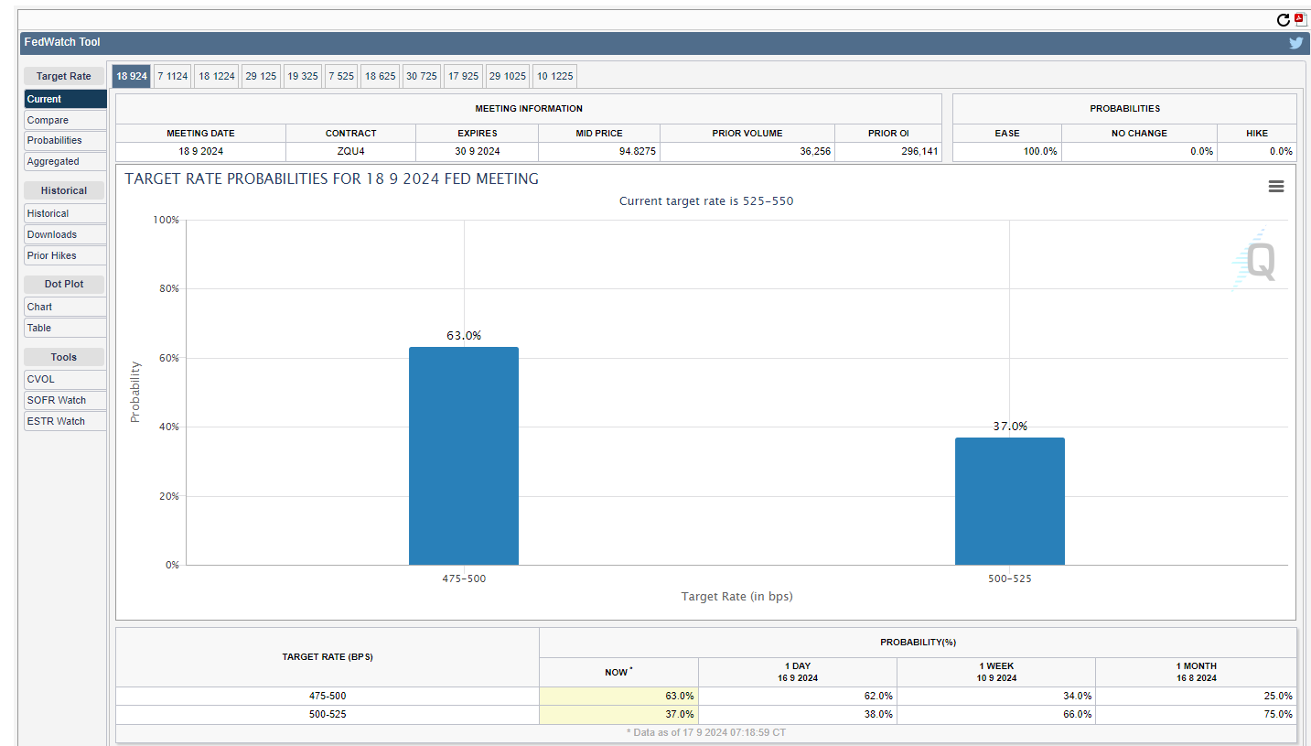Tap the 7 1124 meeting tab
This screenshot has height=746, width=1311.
tap(172, 76)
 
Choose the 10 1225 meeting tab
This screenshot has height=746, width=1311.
tap(554, 76)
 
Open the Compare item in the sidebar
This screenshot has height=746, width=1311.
tap(48, 120)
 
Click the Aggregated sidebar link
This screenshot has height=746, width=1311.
tap(53, 161)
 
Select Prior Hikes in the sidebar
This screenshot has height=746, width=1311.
tap(52, 255)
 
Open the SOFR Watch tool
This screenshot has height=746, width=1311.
tap(57, 400)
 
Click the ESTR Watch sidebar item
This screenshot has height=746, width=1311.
tap(56, 421)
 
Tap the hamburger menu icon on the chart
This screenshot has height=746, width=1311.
tap(1276, 187)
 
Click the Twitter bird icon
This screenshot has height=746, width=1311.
tap(1295, 42)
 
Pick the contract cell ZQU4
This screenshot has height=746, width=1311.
tap(350, 152)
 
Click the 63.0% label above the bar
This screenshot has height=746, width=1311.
tap(464, 336)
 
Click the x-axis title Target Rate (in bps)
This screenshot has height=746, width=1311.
tap(736, 597)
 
